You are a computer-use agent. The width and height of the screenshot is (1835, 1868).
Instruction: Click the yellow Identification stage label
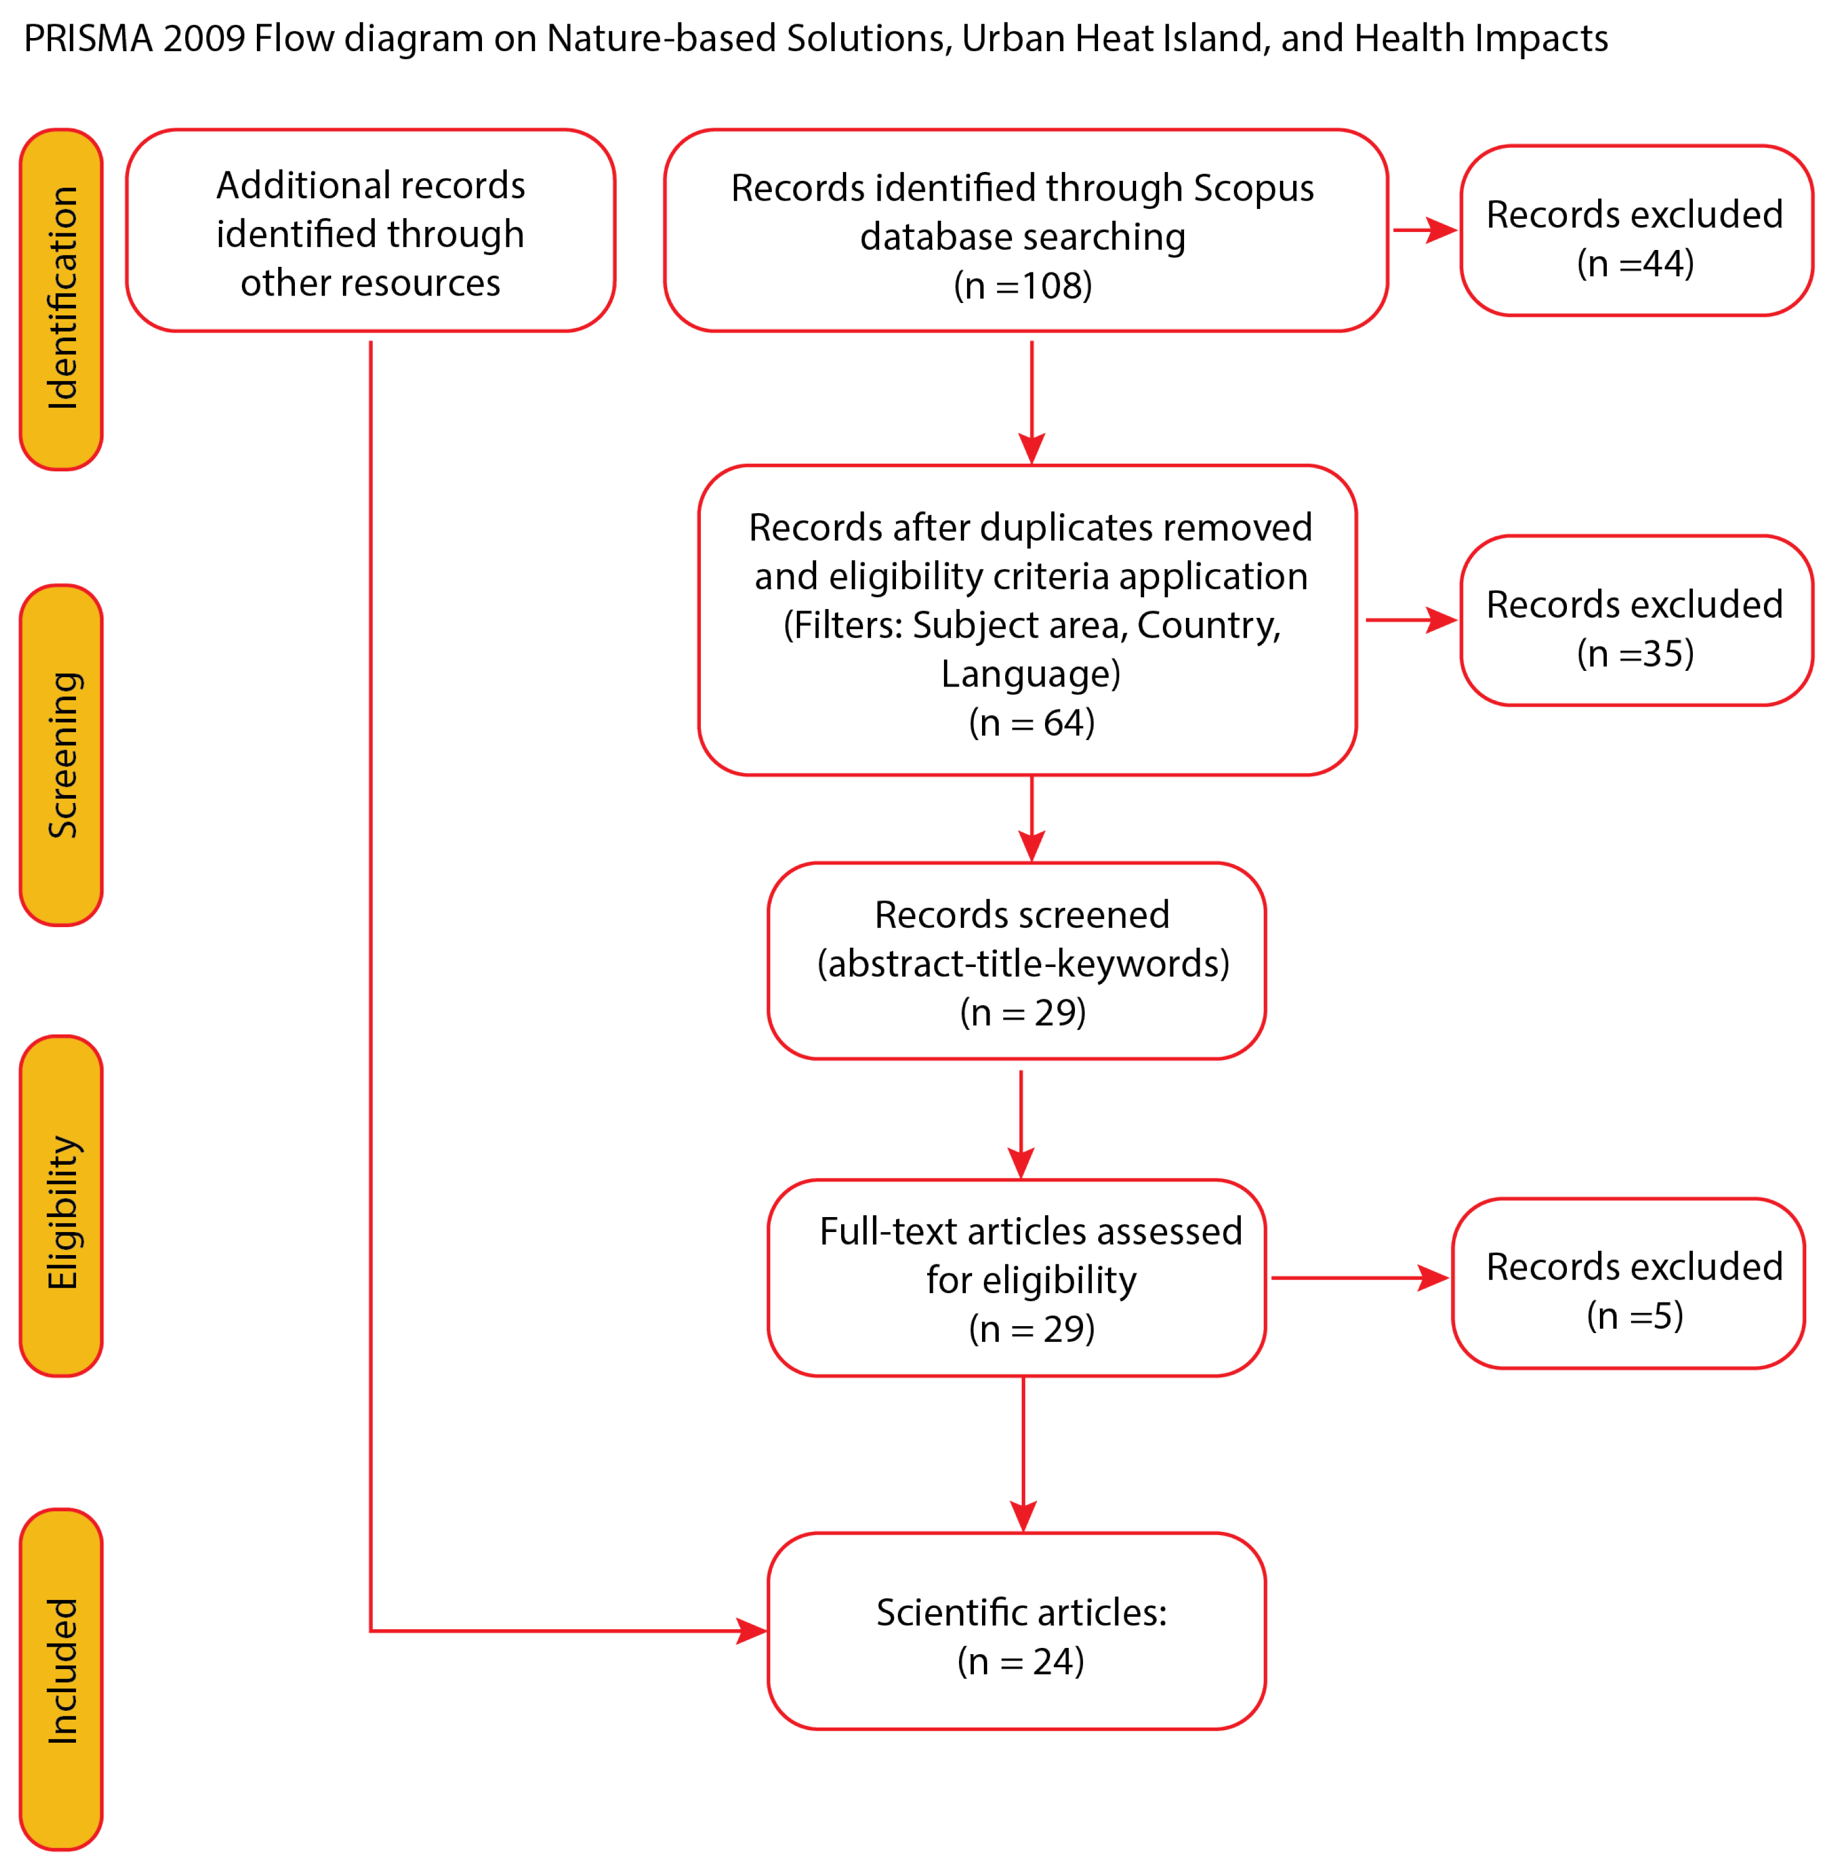(60, 299)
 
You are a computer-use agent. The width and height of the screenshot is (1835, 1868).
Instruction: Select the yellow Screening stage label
(60, 754)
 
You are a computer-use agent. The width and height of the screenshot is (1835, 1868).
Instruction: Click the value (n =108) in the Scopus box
(1023, 286)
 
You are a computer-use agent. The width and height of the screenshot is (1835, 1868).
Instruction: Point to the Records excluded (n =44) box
(1635, 230)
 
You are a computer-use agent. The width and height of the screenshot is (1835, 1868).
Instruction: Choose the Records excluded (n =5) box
(1628, 1283)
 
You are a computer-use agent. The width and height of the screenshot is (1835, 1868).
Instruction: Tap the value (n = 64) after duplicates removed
(1031, 722)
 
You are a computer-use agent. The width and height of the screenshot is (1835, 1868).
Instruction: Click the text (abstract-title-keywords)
(1023, 963)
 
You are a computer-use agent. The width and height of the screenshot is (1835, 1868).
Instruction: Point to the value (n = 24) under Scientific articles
(1021, 1661)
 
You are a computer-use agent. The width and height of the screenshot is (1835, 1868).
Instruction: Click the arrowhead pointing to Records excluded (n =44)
(1442, 230)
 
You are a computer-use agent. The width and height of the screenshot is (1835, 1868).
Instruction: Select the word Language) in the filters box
(1030, 674)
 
